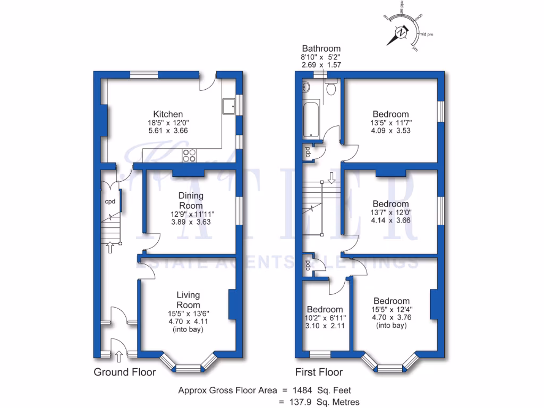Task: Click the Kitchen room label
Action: click(x=168, y=114)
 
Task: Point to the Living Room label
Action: click(x=189, y=300)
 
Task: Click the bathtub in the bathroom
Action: click(x=311, y=120)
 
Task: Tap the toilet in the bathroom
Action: click(x=332, y=88)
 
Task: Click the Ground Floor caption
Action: click(x=125, y=372)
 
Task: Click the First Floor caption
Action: click(x=319, y=372)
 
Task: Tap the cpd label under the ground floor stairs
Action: click(x=110, y=202)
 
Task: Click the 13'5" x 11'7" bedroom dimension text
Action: click(x=390, y=123)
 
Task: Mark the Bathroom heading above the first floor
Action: click(x=321, y=49)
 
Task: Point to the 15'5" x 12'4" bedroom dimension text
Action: click(x=391, y=310)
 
